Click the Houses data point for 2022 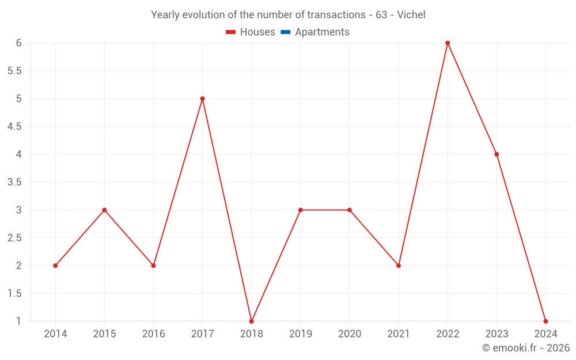448,43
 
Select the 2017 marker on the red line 202,98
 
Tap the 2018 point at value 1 252,321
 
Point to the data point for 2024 545,321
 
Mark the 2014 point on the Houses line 55,266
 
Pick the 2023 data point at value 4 497,154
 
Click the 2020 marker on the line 350,210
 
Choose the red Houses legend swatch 231,32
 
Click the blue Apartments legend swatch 285,32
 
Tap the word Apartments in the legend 322,32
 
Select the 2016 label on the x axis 153,334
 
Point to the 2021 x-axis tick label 399,334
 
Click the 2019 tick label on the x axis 301,334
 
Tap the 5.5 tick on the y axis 14,71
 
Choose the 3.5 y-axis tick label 14,182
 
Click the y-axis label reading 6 19,43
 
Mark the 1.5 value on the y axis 14,293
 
